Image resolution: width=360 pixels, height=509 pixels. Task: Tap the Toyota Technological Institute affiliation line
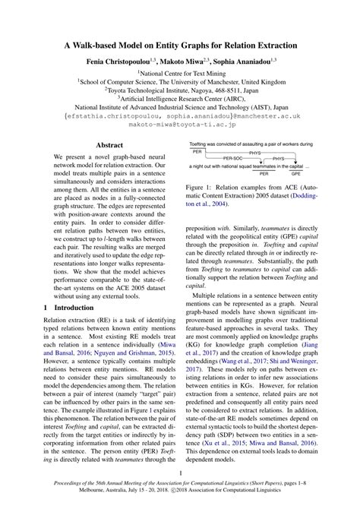point(179,88)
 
